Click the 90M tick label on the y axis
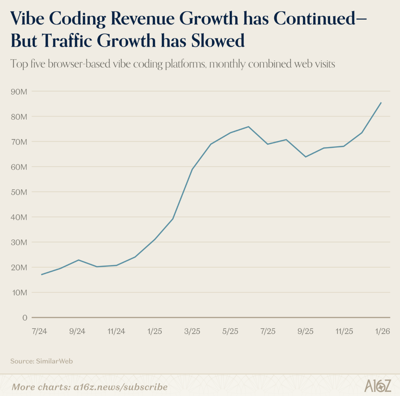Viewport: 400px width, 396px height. coord(19,92)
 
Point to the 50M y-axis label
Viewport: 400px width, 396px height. coord(19,192)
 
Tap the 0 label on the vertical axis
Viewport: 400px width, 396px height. coord(25,318)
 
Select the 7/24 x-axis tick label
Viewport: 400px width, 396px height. coord(39,331)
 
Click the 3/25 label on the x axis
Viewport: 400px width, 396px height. coord(192,331)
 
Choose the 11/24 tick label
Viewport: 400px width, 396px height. coord(116,331)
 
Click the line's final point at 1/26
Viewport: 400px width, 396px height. coord(381,102)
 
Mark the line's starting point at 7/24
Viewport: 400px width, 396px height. coord(42,275)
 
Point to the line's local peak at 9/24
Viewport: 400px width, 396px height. coord(78,260)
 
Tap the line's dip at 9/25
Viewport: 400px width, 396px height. coord(305,157)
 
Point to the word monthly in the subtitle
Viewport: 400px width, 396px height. coord(227,64)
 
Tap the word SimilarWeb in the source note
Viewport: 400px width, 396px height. coord(54,361)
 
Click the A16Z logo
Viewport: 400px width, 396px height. coord(378,386)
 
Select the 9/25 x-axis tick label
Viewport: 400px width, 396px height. coord(306,331)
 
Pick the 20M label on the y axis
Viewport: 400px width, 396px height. coord(19,267)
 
